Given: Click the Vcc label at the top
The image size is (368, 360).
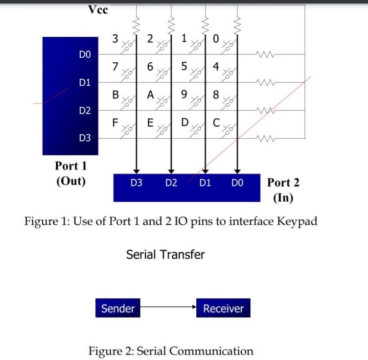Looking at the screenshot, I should [x=98, y=10].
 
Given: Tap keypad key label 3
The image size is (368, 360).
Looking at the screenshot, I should [x=115, y=39].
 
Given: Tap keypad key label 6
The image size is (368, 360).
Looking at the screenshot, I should [x=150, y=67].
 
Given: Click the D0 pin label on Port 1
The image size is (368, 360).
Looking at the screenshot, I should [x=85, y=54].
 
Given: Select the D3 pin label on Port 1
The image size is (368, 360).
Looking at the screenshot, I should [x=85, y=138].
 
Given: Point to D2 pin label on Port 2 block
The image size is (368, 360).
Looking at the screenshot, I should [x=171, y=184].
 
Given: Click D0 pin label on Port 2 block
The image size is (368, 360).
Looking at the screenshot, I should [x=237, y=184].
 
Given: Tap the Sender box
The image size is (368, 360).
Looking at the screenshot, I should [x=117, y=309].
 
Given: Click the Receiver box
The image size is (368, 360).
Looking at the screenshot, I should [x=223, y=309].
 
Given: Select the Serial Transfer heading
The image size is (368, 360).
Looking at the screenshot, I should [x=165, y=255].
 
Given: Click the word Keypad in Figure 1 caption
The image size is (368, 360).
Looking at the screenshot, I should [x=297, y=221].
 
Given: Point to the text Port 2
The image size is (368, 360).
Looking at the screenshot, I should [x=283, y=183].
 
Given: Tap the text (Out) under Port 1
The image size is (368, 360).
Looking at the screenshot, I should [x=71, y=181].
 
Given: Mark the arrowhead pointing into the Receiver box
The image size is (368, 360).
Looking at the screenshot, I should [x=194, y=308].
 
